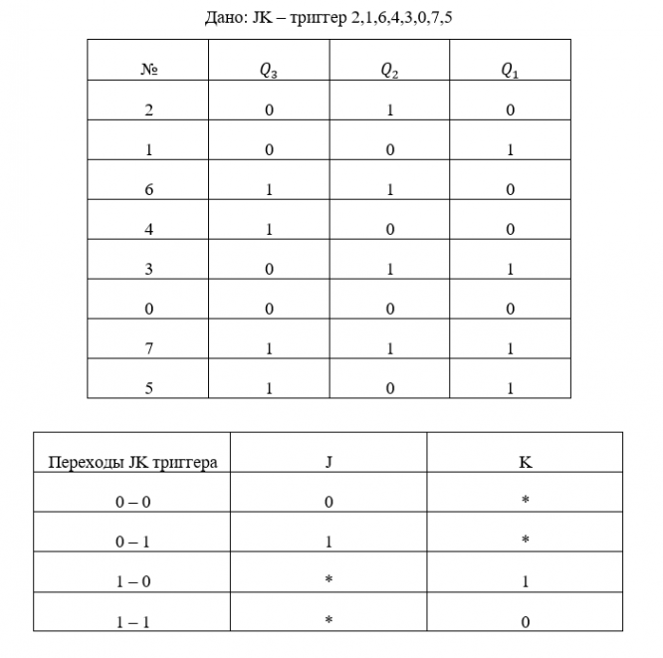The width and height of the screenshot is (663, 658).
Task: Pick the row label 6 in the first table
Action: pos(148,189)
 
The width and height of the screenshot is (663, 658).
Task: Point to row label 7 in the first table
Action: pos(148,348)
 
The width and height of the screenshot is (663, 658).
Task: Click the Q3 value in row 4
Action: pos(269,229)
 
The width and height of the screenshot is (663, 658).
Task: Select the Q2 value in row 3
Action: pos(390,269)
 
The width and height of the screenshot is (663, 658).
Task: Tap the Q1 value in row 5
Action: pos(511,388)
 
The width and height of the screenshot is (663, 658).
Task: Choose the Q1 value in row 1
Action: pos(511,149)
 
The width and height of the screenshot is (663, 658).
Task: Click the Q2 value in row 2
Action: pos(390,110)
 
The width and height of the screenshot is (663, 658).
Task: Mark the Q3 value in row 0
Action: pos(269,309)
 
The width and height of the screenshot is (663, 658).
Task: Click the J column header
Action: pos(329,462)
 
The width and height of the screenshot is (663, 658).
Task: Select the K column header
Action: pos(525,462)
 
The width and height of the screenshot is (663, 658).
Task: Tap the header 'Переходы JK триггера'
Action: pos(132,462)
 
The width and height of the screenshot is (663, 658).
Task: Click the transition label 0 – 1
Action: pos(132,541)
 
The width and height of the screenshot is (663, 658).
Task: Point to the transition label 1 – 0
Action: pos(132,580)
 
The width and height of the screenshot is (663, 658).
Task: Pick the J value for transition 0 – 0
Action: pos(329,502)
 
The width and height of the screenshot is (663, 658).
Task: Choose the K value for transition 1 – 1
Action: pos(525,621)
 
